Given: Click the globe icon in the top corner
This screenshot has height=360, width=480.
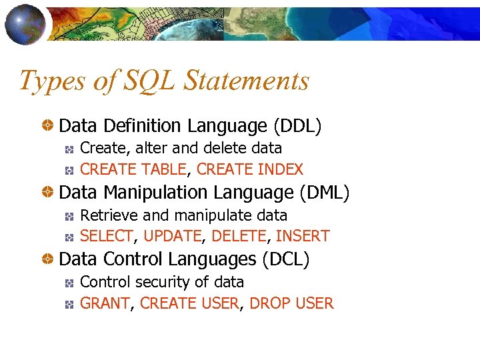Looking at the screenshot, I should pyautogui.click(x=26, y=25).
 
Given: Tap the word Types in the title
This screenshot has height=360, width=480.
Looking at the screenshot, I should pyautogui.click(x=45, y=81).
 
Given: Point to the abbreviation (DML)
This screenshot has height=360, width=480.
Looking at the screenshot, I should pyautogui.click(x=325, y=193).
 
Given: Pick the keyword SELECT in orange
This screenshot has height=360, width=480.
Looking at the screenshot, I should pyautogui.click(x=107, y=236).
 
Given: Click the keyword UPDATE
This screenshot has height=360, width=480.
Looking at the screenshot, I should pyautogui.click(x=172, y=236).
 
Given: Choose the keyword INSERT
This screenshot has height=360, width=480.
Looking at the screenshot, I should pyautogui.click(x=303, y=236).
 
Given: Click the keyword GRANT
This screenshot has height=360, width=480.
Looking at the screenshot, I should pyautogui.click(x=105, y=304).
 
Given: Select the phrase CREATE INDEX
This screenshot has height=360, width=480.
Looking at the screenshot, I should pyautogui.click(x=250, y=169).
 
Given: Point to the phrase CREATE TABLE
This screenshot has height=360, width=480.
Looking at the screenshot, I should pyautogui.click(x=133, y=169).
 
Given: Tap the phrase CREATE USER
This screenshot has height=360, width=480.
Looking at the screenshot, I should pyautogui.click(x=189, y=304).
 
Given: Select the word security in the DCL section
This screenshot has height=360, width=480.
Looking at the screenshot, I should pyautogui.click(x=167, y=282).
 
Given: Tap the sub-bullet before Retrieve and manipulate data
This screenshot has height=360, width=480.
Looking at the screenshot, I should pyautogui.click(x=69, y=216).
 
